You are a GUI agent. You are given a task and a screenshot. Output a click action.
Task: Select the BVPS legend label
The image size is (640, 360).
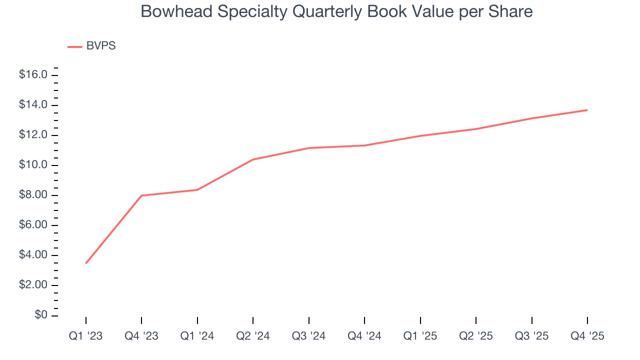point(100,46)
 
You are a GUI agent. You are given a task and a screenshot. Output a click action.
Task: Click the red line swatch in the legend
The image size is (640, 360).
point(75,46)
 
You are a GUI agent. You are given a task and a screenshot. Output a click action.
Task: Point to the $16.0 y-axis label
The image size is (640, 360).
point(33,75)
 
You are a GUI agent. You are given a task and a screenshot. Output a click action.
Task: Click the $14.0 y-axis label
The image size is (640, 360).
point(33,105)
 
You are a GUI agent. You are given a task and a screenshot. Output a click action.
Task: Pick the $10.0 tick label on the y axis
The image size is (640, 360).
point(33,165)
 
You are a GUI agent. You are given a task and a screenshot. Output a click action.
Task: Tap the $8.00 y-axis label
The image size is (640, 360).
point(33,195)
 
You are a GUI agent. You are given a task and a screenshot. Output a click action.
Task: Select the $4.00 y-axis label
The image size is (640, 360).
point(33,255)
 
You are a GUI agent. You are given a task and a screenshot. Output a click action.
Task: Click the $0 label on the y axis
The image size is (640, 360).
point(41,315)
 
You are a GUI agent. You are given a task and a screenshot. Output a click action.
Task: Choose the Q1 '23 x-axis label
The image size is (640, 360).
point(85,336)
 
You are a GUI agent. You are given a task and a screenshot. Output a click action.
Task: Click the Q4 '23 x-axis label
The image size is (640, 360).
point(141,336)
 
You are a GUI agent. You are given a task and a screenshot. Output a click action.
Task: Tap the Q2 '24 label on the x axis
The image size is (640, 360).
point(253,336)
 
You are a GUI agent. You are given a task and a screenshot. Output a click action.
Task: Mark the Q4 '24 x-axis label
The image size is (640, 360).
point(364,336)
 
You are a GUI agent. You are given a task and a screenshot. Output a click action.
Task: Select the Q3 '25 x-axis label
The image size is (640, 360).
point(531,336)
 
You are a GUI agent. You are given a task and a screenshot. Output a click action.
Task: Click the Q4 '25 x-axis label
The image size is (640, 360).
point(587,336)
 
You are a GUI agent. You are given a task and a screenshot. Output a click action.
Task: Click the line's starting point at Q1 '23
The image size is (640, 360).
point(86,263)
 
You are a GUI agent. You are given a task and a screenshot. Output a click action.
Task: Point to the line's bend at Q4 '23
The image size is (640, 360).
point(141,195)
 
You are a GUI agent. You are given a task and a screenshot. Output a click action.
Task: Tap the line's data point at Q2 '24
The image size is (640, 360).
point(253,159)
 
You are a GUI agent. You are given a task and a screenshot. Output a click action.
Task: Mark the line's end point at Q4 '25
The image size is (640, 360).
point(587,110)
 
